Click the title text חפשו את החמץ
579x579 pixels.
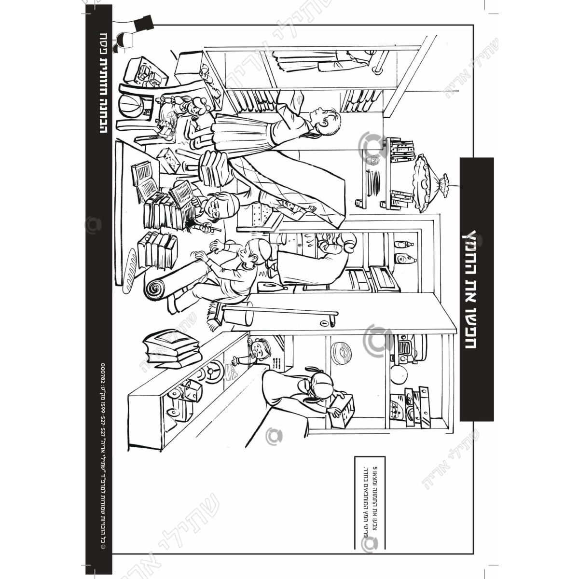(477, 289)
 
